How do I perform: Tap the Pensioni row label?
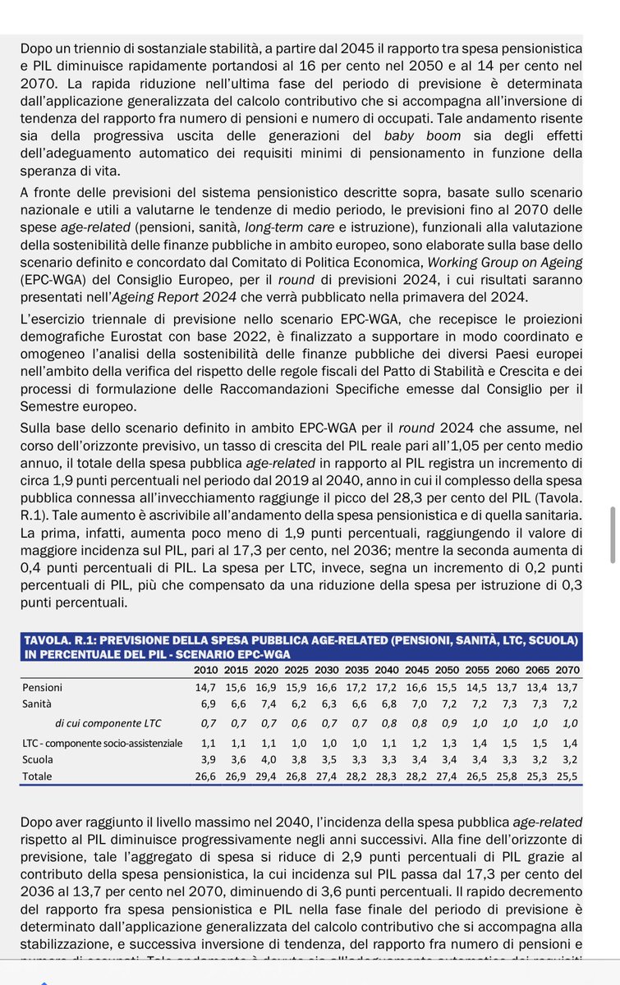(x=42, y=687)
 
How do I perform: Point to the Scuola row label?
(x=37, y=759)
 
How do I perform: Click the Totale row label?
(x=38, y=776)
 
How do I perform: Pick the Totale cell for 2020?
(x=264, y=776)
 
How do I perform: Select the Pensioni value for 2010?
(x=204, y=687)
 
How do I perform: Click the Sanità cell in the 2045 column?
(x=416, y=703)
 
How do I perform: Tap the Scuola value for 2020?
(x=264, y=759)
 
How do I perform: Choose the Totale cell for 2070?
(x=567, y=776)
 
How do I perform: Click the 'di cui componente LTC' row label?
(x=108, y=723)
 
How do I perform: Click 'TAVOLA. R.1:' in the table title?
(x=62, y=639)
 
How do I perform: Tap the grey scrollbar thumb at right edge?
(x=613, y=530)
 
